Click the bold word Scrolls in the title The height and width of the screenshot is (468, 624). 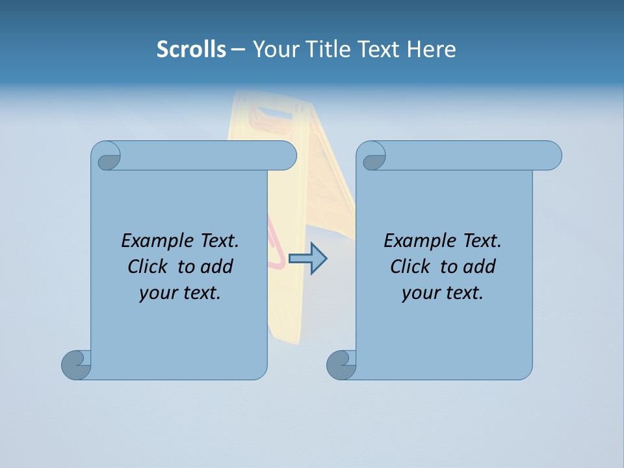click(x=191, y=49)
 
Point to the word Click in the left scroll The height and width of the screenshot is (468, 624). click(x=148, y=266)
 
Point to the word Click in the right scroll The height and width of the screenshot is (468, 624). click(x=411, y=266)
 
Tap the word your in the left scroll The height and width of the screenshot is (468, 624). click(x=157, y=292)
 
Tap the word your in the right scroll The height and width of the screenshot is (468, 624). click(x=420, y=292)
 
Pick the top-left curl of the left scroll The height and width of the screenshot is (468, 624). click(x=107, y=157)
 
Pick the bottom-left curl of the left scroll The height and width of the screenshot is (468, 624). click(x=77, y=365)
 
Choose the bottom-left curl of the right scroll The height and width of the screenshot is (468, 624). click(x=341, y=365)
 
